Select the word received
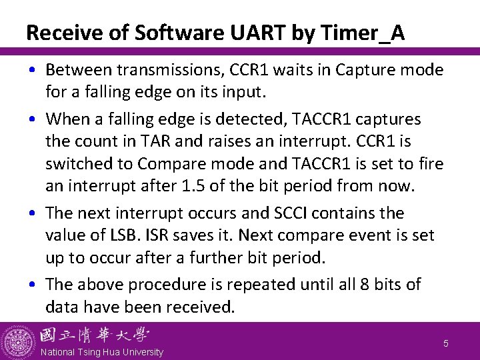coord(202,307)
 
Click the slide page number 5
coord(446,343)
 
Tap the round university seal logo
coord(19,341)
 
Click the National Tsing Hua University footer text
coord(101,352)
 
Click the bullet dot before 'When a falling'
coord(33,120)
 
